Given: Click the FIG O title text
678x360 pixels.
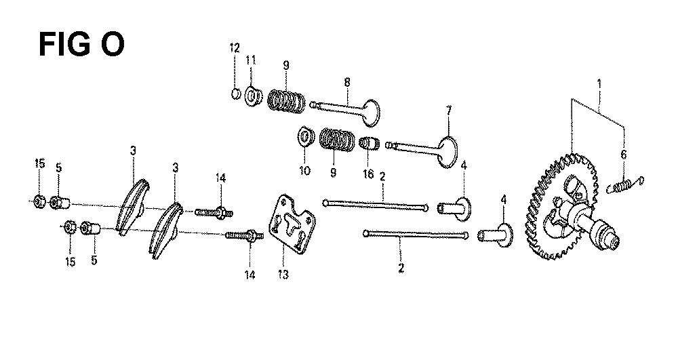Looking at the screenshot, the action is click(81, 44).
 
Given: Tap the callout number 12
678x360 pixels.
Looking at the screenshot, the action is click(235, 48).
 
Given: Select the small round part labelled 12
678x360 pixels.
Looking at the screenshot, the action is click(236, 93).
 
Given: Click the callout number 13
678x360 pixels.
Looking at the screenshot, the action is click(283, 275).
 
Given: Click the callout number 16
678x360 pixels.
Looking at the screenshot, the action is click(368, 174).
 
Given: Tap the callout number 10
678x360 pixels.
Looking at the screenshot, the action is click(305, 171).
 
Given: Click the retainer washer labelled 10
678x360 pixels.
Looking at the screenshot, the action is click(305, 137).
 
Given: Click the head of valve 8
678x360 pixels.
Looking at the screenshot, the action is click(371, 113).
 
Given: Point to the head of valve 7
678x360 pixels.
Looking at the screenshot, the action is click(448, 152).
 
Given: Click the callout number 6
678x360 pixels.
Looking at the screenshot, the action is click(624, 155).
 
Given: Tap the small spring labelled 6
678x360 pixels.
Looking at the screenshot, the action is click(625, 185).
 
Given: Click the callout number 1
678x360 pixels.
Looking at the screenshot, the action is click(599, 83).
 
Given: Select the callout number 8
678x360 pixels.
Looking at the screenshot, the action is click(347, 82).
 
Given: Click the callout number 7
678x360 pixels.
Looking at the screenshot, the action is click(448, 111).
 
